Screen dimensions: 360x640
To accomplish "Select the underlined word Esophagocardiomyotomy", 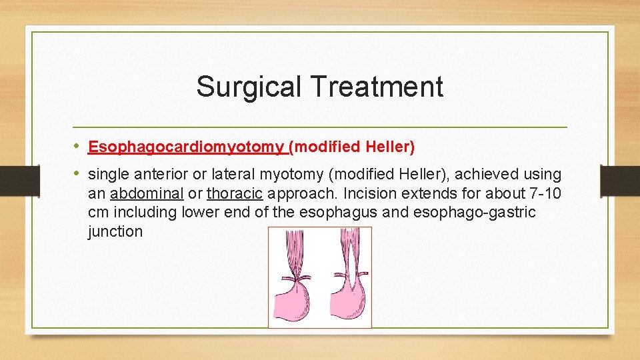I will point(186,147).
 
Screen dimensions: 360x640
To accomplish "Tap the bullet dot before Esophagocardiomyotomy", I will point(77,146).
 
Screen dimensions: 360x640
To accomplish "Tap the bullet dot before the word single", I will point(77,174).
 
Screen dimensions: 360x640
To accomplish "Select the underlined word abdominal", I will point(147,194).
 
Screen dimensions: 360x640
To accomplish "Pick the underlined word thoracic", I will point(235,194).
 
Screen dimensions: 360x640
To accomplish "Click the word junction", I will point(115,232).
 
